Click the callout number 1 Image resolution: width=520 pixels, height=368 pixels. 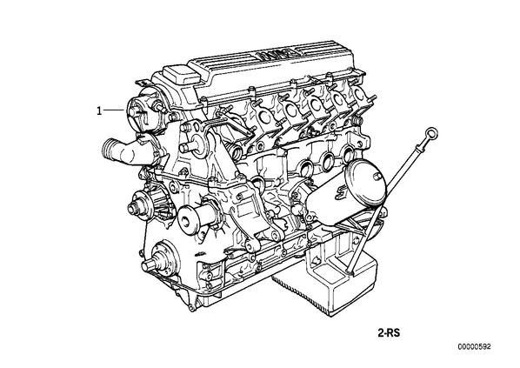pos(99,110)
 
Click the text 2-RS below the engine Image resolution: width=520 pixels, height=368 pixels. pos(389,333)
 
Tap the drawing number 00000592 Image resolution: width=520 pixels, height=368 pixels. pos(474,347)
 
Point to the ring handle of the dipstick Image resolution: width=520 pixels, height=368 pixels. pos(432,133)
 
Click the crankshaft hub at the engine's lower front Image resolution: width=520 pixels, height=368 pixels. pos(158,260)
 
